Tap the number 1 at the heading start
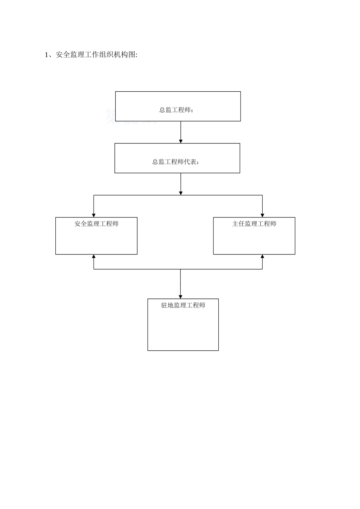pos(46,55)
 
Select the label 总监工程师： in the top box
pos(176,110)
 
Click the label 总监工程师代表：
pos(175,162)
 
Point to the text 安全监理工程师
pos(96,224)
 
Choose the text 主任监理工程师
pos(254,224)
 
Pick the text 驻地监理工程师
pos(183,305)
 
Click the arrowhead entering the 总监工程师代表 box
pos(181,141)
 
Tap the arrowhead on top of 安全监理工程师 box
pos(94,215)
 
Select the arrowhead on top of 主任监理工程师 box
pos(262,215)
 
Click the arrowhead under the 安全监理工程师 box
pos(94,256)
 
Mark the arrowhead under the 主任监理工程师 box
pos(262,256)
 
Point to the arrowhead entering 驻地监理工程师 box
pos(181,297)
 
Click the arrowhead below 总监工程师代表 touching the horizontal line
pos(181,193)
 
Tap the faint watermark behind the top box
pos(131,117)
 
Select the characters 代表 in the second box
pos(190,162)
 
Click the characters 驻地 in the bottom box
pos(167,305)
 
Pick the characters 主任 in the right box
pos(238,224)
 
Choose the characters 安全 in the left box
pos(80,224)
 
